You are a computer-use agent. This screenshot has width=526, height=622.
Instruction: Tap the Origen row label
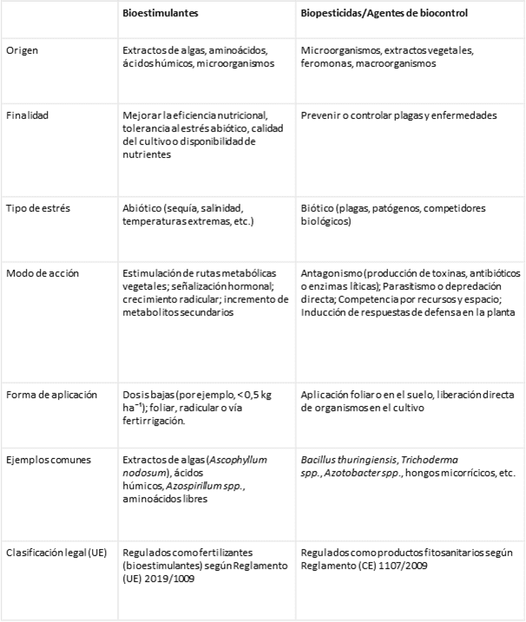tap(23, 50)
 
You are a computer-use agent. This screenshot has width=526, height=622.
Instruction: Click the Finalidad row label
tap(27, 115)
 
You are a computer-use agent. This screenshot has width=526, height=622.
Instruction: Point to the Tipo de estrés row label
tap(36, 209)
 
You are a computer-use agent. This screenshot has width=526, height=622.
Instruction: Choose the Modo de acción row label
tap(42, 273)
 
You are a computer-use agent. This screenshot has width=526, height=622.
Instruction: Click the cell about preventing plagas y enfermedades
tap(398, 115)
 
